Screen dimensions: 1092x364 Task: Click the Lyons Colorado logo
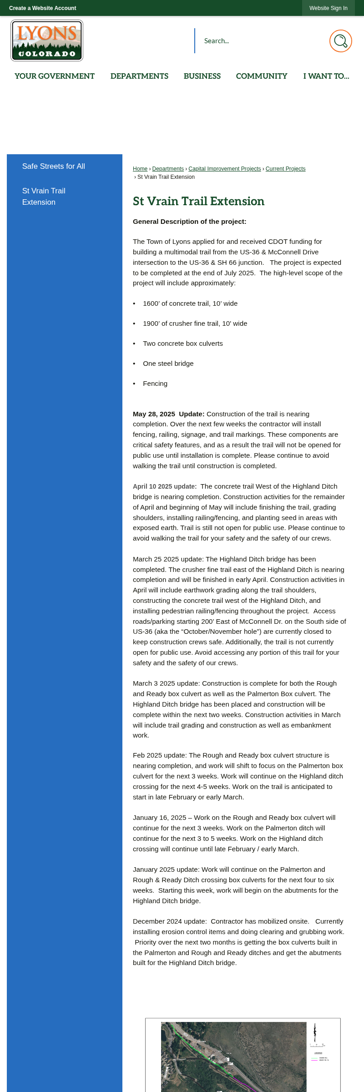coord(47,40)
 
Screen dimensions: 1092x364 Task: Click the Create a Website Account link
coord(42,8)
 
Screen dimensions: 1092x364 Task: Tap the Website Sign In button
coord(328,8)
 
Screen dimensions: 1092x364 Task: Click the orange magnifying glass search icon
coord(340,41)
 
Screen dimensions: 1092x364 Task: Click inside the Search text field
coord(259,41)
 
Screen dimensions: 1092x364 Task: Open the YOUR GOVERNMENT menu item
coord(55,76)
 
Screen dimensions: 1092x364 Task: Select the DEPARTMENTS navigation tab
coord(139,76)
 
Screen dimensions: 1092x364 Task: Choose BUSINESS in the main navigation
coord(202,76)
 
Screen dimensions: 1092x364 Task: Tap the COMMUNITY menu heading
coord(262,76)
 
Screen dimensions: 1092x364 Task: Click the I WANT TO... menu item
coord(326,76)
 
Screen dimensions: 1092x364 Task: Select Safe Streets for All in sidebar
coord(54,167)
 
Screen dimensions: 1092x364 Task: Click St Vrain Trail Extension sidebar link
coord(44,197)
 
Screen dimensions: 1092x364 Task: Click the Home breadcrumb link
coord(140,169)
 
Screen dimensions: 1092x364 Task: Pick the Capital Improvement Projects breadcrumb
coord(225,169)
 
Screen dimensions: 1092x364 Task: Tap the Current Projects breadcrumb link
coord(285,169)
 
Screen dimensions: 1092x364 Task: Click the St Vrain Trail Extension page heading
coord(198,201)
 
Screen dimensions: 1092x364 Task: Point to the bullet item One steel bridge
coord(168,364)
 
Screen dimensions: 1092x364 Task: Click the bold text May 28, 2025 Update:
coord(168,414)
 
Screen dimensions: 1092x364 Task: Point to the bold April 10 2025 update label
coord(165,486)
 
